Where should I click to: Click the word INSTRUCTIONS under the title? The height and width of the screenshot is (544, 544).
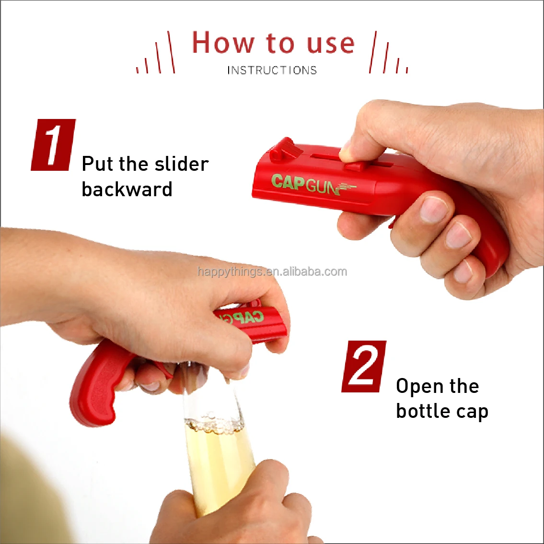coord(272,71)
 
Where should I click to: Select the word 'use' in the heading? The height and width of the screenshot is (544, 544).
coord(331,44)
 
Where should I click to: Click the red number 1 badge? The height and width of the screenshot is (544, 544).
coord(53,145)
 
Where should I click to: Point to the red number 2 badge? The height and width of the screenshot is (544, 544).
coord(364,367)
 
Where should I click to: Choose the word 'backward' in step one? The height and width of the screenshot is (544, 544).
coord(127,189)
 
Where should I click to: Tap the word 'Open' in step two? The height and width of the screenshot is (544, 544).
coord(419,387)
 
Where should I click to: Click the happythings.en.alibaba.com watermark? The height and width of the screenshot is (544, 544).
coord(272,272)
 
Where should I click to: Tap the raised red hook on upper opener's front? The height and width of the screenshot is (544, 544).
coord(283,149)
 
